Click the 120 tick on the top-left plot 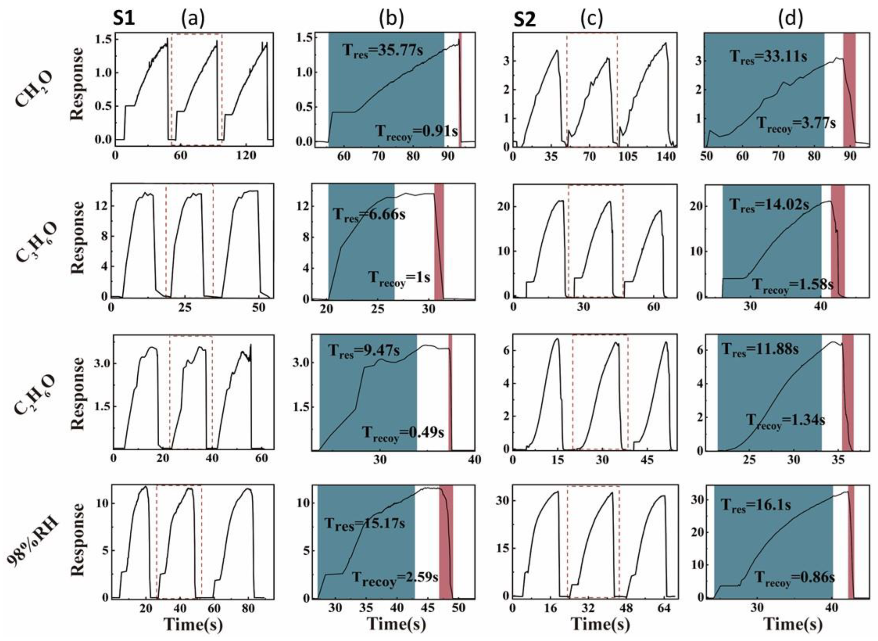(247, 156)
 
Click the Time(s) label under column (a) (193, 625)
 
